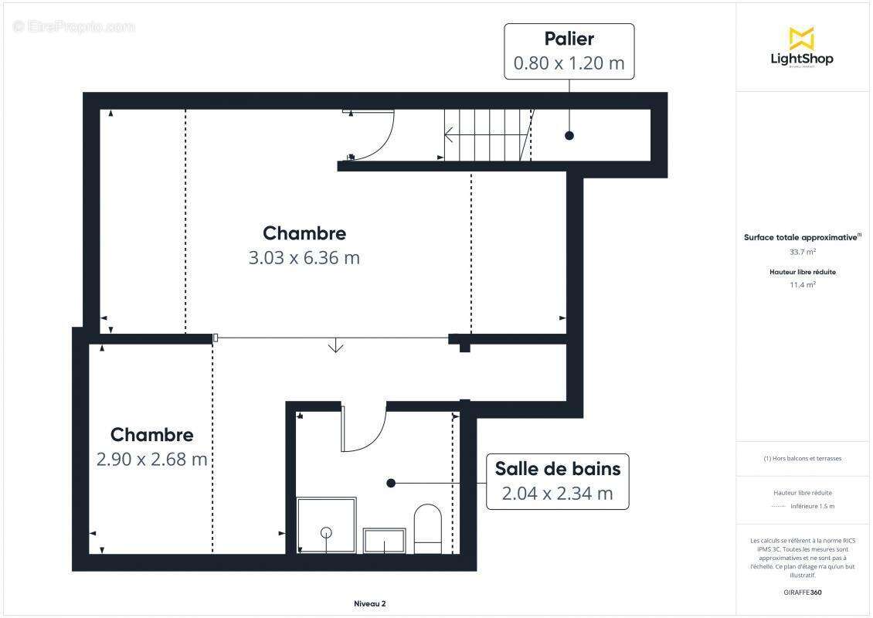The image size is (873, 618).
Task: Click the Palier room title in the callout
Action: [x=569, y=39]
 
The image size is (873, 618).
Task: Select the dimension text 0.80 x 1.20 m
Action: [x=569, y=63]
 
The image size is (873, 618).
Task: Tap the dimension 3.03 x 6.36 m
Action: [x=304, y=258]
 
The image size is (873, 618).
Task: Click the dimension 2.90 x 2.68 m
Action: [x=151, y=459]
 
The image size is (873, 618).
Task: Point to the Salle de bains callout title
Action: [x=557, y=468]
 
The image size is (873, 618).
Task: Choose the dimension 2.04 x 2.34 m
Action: [x=557, y=494]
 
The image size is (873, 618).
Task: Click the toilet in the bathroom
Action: [x=427, y=528]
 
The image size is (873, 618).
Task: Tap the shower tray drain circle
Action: [x=326, y=532]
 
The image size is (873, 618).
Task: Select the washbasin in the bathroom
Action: [x=384, y=541]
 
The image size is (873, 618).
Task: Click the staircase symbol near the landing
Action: [x=487, y=135]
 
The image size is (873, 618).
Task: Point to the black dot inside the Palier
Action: [x=569, y=135]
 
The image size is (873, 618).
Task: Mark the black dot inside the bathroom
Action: [x=391, y=483]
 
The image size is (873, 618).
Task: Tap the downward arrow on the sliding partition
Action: [x=335, y=346]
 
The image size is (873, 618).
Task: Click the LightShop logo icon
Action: [x=801, y=39]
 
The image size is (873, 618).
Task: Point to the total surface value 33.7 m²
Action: [x=801, y=251]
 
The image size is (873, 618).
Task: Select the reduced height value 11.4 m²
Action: [x=801, y=284]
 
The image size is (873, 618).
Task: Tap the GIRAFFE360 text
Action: [x=801, y=593]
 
